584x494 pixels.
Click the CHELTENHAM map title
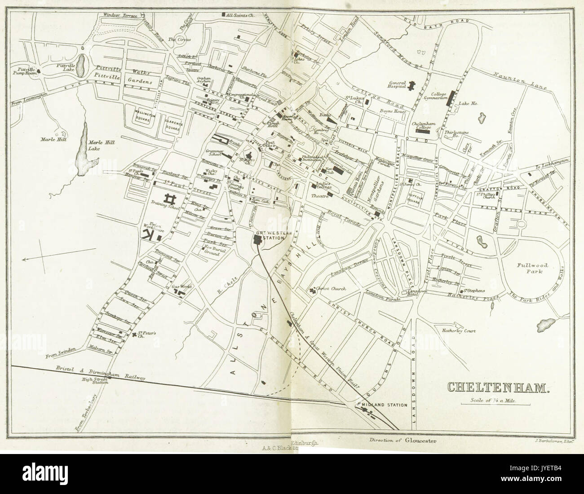[x=496, y=387]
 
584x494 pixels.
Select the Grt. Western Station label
[x=273, y=236]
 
